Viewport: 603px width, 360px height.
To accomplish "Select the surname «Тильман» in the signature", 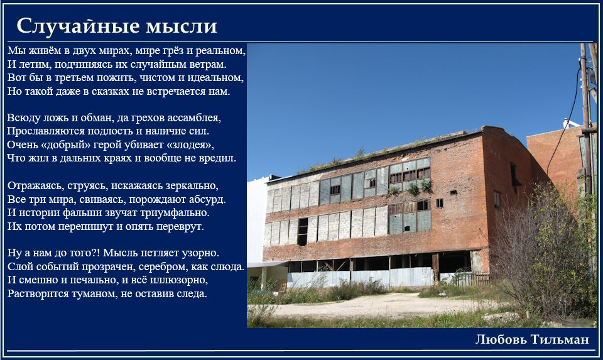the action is pos(560,339).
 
